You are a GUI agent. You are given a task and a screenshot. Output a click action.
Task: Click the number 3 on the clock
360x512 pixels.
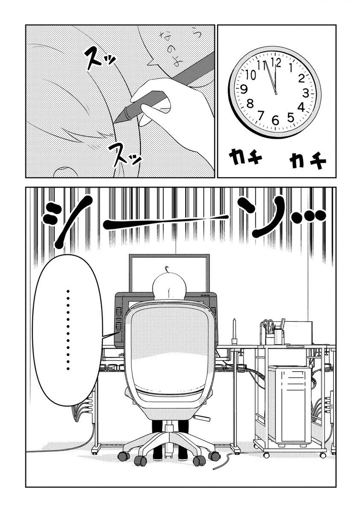(x=306, y=93)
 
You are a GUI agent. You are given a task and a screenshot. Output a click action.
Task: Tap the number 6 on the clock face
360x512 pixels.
(x=275, y=121)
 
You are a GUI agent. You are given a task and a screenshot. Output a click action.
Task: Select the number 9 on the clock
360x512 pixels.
(x=244, y=89)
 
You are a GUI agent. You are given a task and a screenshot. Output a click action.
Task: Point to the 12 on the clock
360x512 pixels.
(x=276, y=62)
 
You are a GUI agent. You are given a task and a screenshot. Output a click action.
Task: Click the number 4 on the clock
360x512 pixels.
(x=301, y=107)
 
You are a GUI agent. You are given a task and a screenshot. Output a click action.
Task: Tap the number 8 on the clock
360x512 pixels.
(x=250, y=103)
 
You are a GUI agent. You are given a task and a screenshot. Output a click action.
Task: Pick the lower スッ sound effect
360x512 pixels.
(x=124, y=154)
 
